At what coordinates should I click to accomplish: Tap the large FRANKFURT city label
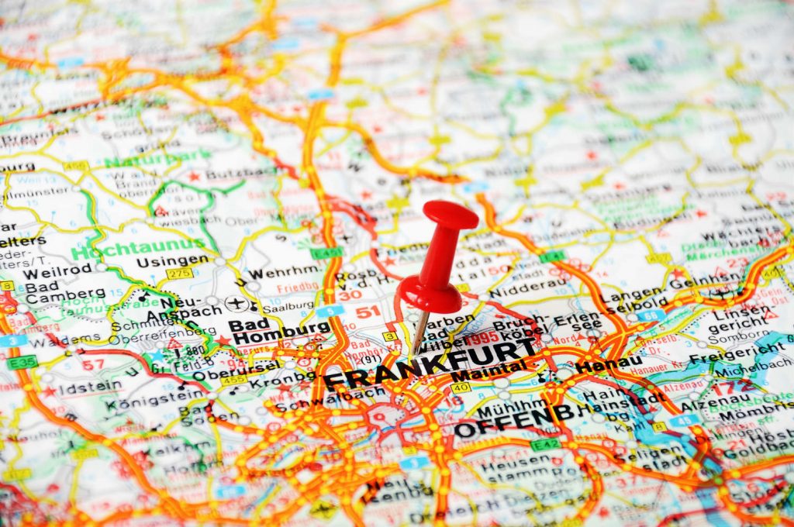tap(430, 367)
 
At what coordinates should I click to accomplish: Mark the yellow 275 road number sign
tap(179, 274)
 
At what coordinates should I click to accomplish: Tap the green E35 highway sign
tap(22, 362)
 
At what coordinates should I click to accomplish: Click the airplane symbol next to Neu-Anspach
tap(235, 303)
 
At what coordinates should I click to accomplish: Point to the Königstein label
tap(147, 403)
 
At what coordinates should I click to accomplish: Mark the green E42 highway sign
tap(545, 444)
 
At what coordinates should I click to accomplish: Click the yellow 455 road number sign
tap(233, 381)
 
